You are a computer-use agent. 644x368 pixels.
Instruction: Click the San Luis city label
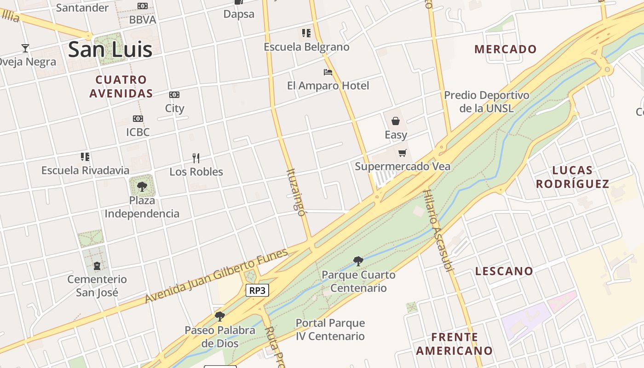point(110,50)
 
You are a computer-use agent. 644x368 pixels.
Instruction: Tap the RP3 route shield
point(257,290)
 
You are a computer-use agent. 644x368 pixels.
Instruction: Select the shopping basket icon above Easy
point(396,121)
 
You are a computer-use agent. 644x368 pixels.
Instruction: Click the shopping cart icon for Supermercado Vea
point(402,153)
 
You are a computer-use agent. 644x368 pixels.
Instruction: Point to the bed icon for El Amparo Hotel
point(328,72)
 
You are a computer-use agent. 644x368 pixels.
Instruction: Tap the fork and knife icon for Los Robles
point(196,158)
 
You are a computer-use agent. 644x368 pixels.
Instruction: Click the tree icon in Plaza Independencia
point(142,186)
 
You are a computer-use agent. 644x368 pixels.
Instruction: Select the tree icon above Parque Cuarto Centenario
point(358,261)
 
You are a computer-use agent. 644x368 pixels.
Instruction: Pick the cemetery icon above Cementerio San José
point(97,266)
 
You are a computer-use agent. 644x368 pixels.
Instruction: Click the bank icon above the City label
point(174,95)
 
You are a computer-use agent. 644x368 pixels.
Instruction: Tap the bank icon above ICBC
point(138,119)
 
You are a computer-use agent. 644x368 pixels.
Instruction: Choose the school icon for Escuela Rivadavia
point(85,157)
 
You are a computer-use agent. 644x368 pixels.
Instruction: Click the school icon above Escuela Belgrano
point(306,33)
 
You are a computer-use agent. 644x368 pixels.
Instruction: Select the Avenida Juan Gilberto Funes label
point(217,276)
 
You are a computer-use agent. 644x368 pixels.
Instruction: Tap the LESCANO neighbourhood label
point(504,271)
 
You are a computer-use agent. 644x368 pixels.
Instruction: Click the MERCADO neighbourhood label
point(506,49)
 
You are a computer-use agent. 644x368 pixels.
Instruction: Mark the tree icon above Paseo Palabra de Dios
point(220,316)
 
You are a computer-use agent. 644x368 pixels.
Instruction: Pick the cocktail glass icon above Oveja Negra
point(25,48)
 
